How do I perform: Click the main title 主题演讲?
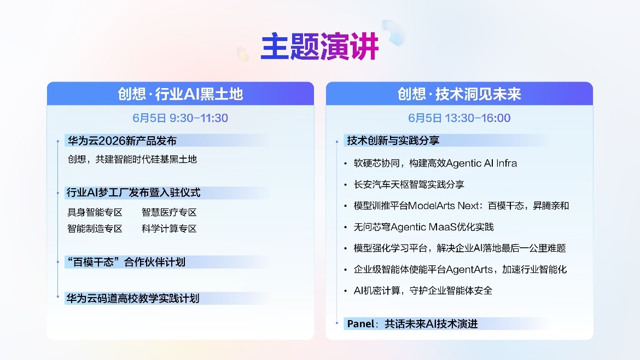(x=319, y=47)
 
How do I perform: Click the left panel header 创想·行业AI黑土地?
(x=181, y=94)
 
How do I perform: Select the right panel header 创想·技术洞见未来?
(x=459, y=94)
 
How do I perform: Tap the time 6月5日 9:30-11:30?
(x=181, y=118)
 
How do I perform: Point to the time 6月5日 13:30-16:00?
(x=459, y=118)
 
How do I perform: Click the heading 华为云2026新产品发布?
(x=122, y=141)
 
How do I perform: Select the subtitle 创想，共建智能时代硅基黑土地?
(x=132, y=159)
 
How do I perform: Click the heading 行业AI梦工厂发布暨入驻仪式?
(x=133, y=192)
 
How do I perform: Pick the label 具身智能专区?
(x=95, y=212)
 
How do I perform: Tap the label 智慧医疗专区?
(x=169, y=212)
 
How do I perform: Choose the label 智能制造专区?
(x=95, y=229)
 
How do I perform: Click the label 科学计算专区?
(x=169, y=229)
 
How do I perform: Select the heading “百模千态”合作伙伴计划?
(x=126, y=262)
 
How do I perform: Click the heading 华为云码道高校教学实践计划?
(x=133, y=298)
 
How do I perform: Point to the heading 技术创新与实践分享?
(x=393, y=141)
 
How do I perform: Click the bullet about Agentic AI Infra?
(x=435, y=163)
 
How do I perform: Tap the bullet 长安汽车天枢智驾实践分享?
(x=409, y=184)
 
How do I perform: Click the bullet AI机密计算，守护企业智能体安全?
(x=423, y=291)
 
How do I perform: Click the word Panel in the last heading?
(x=360, y=324)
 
